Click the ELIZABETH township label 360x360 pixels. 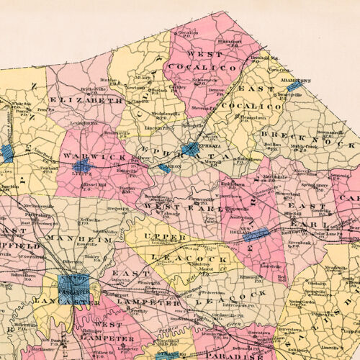[x=86, y=101]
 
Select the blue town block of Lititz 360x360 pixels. [x=81, y=166]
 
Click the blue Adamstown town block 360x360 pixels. [x=295, y=85]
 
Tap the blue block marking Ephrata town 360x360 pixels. [x=191, y=149]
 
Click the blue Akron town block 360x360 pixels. [x=165, y=167]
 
